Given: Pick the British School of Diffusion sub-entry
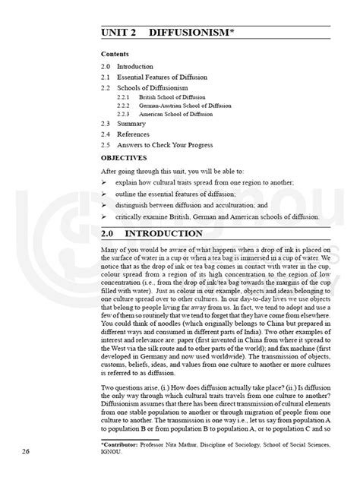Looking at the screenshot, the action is point(171,97).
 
